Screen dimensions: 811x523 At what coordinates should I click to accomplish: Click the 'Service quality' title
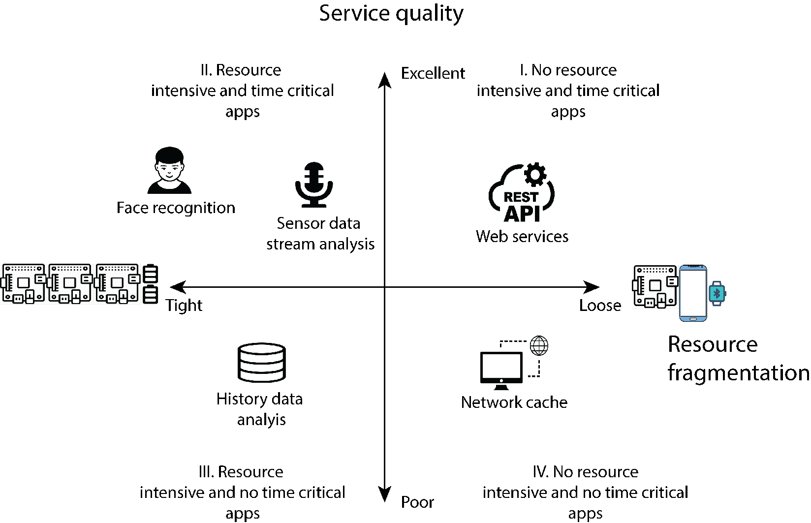click(x=391, y=14)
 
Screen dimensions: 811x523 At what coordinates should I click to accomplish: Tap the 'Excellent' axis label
click(x=433, y=73)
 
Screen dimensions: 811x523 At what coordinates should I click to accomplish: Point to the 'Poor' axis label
click(x=417, y=502)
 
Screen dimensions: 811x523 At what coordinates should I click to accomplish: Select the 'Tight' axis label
click(x=184, y=306)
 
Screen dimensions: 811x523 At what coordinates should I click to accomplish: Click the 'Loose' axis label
click(x=600, y=306)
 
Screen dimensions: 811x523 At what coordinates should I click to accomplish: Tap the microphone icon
click(x=314, y=184)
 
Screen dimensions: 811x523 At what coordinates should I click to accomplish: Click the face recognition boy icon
click(x=169, y=170)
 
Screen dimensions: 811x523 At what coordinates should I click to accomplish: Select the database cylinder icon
click(x=262, y=363)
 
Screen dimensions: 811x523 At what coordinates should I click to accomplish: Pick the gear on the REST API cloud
click(x=535, y=175)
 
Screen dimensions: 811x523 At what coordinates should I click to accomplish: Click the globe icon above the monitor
click(x=539, y=346)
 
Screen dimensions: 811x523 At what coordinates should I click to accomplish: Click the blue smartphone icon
click(x=693, y=293)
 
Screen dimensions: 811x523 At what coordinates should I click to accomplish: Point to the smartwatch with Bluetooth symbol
click(x=717, y=293)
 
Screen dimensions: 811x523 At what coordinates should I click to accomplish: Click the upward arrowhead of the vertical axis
click(x=384, y=80)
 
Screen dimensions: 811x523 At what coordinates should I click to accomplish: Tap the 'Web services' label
click(x=522, y=236)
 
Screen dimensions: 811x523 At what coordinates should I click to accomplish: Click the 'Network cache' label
click(x=514, y=402)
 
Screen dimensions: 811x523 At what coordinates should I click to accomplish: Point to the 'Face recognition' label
click(x=176, y=208)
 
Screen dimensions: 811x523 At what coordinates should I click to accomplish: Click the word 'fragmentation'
click(x=738, y=373)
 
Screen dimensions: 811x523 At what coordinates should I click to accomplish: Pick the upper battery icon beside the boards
click(x=151, y=274)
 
